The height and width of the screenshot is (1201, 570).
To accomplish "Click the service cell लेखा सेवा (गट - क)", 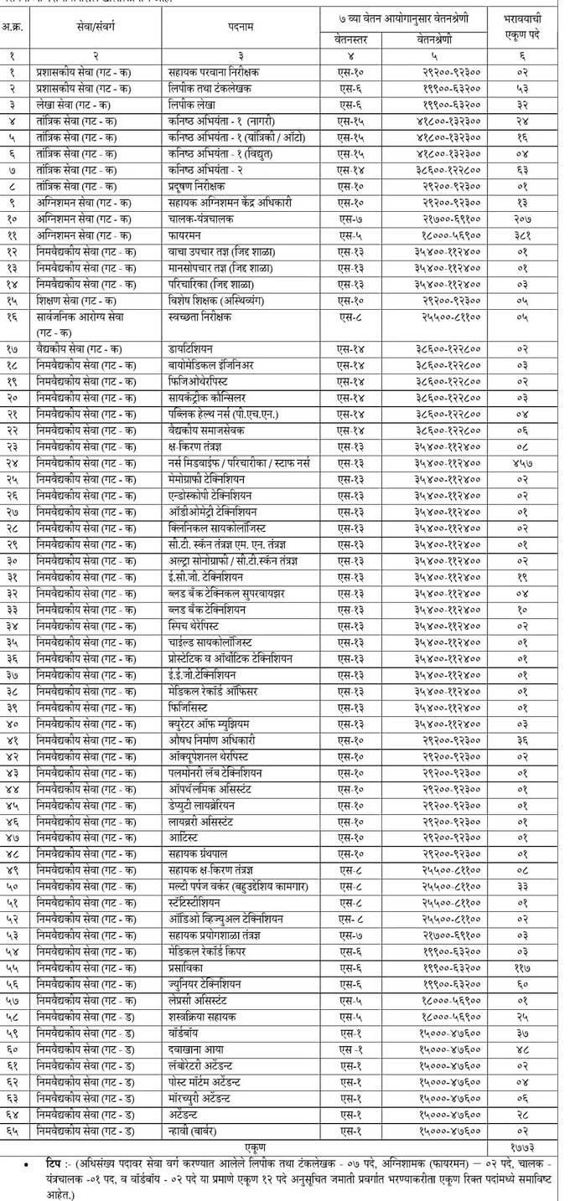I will [76, 105].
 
